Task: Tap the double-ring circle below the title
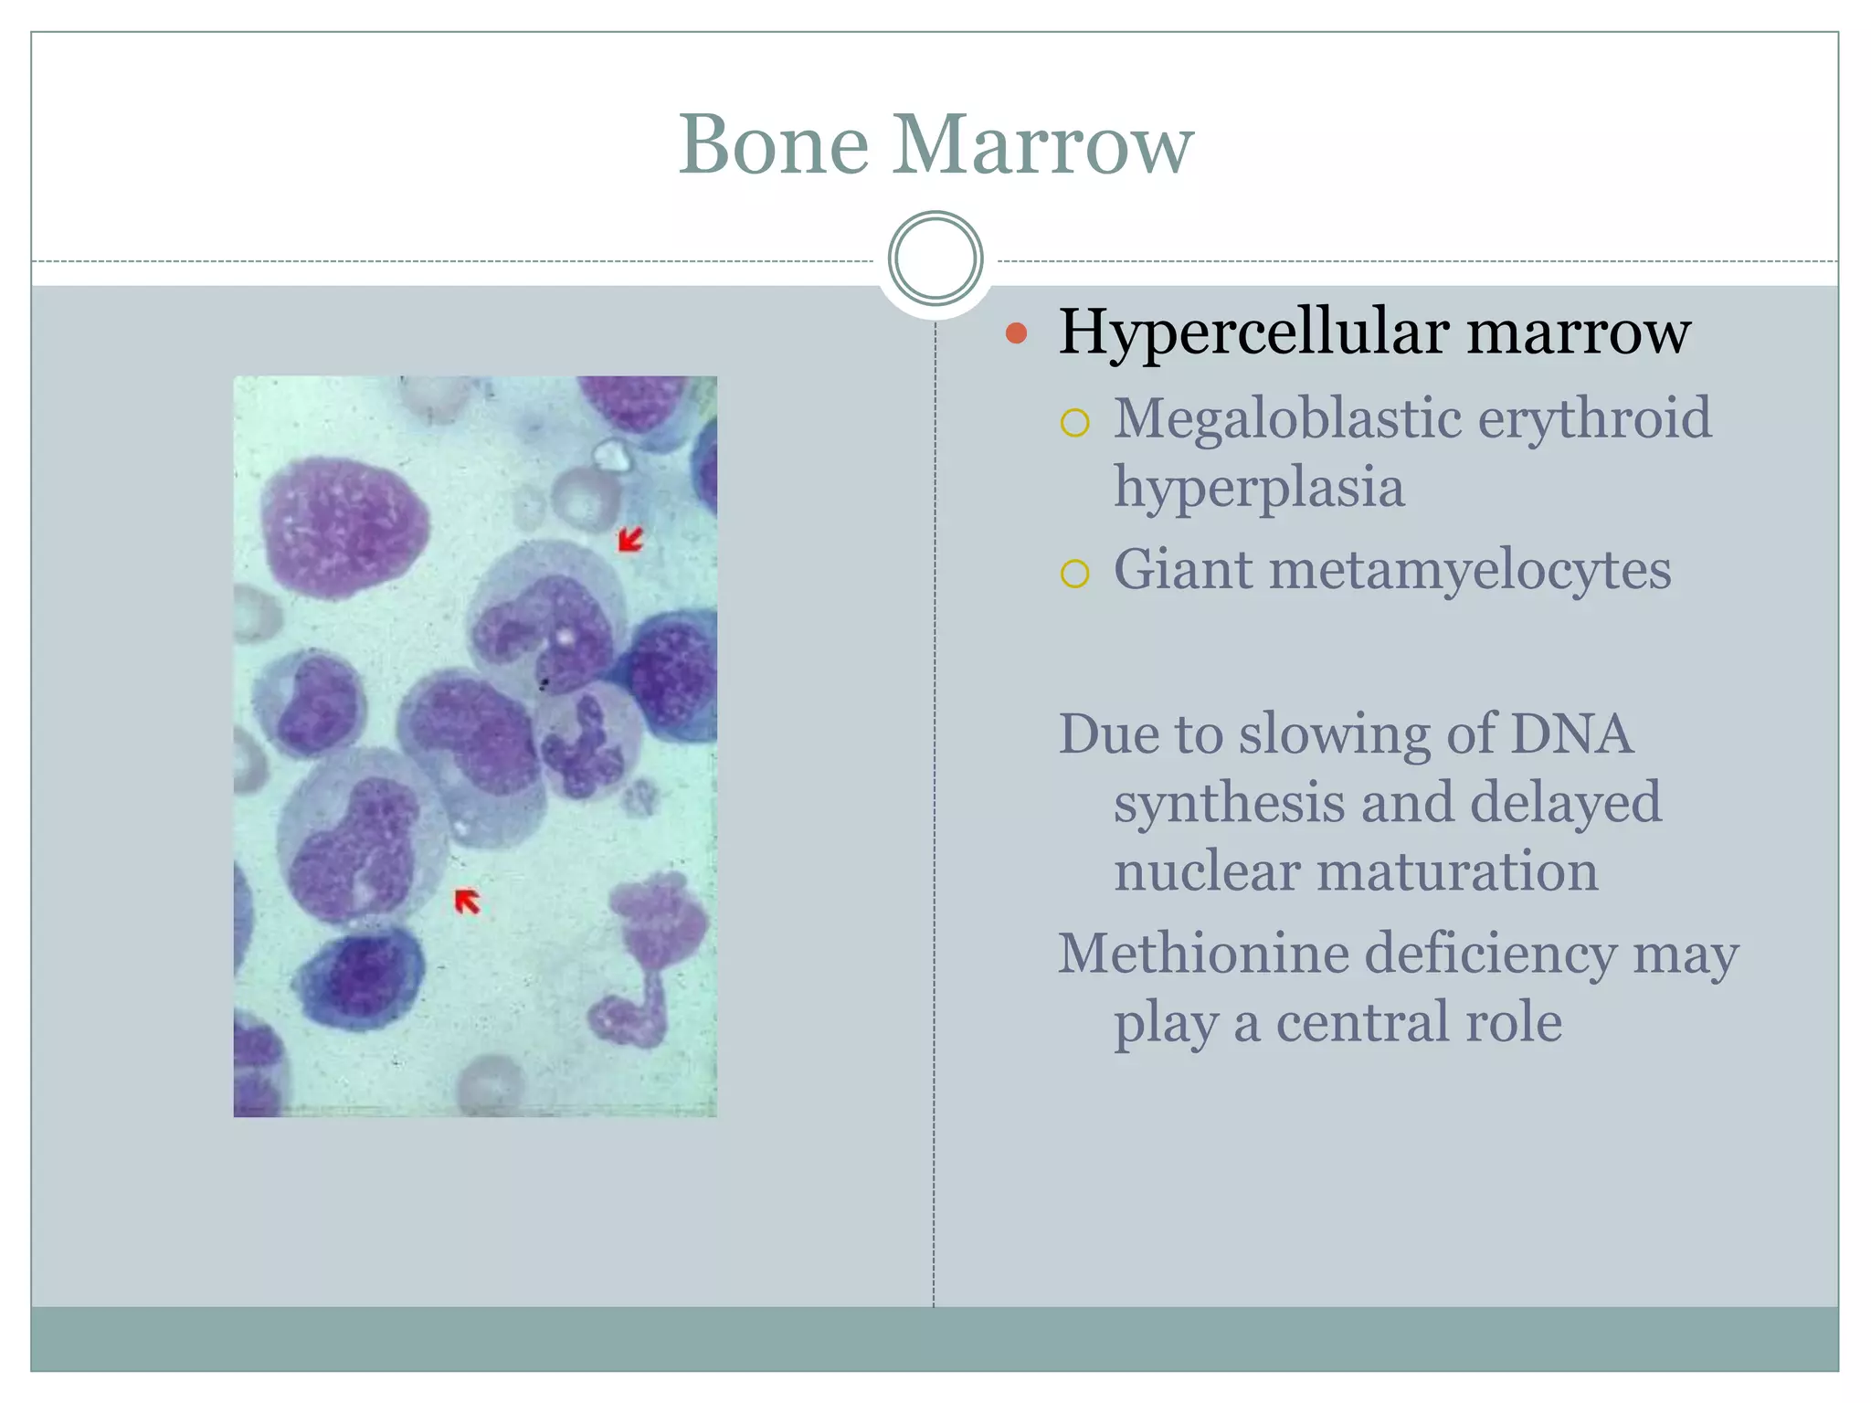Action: click(935, 258)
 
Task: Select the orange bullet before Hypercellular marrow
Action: click(1016, 332)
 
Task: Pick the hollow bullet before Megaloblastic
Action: click(1074, 423)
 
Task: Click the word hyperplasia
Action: click(1258, 488)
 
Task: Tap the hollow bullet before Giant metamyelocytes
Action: click(1074, 574)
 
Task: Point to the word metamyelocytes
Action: click(1470, 571)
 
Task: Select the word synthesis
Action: click(1229, 802)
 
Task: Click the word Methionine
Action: click(1203, 954)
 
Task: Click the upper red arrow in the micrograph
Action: click(630, 540)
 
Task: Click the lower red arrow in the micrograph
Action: click(467, 901)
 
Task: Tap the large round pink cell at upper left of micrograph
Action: click(344, 528)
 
